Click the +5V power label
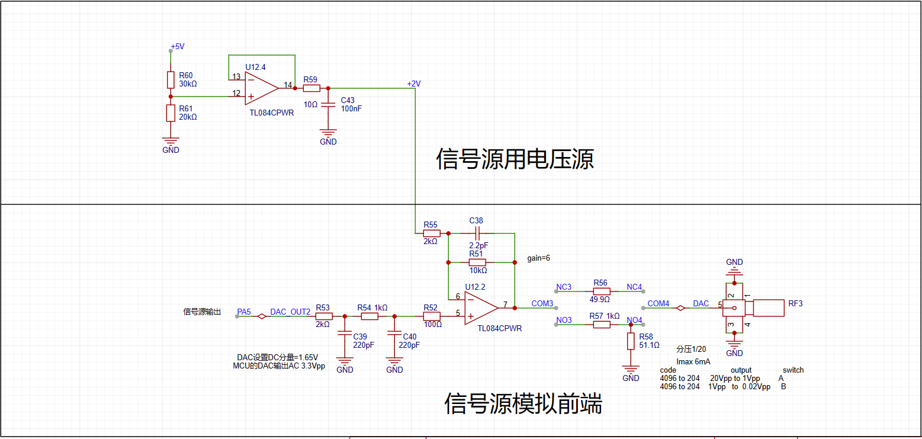[x=178, y=47]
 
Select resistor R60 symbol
[x=171, y=80]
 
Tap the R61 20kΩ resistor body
[x=171, y=113]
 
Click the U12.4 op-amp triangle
[x=261, y=88]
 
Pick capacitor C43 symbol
[x=328, y=105]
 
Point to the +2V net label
[x=414, y=84]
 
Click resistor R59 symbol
[x=311, y=88]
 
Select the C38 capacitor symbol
[x=477, y=233]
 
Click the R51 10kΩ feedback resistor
[x=477, y=262]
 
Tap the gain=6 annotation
[x=538, y=258]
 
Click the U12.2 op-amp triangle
[x=481, y=308]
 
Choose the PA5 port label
[x=243, y=312]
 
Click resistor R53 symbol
[x=324, y=316]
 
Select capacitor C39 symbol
[x=345, y=333]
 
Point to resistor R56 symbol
[x=602, y=291]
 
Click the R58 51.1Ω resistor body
[x=631, y=341]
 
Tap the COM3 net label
[x=542, y=303]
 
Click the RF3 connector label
[x=795, y=303]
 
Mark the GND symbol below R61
[x=171, y=142]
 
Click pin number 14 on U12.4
[x=288, y=85]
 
